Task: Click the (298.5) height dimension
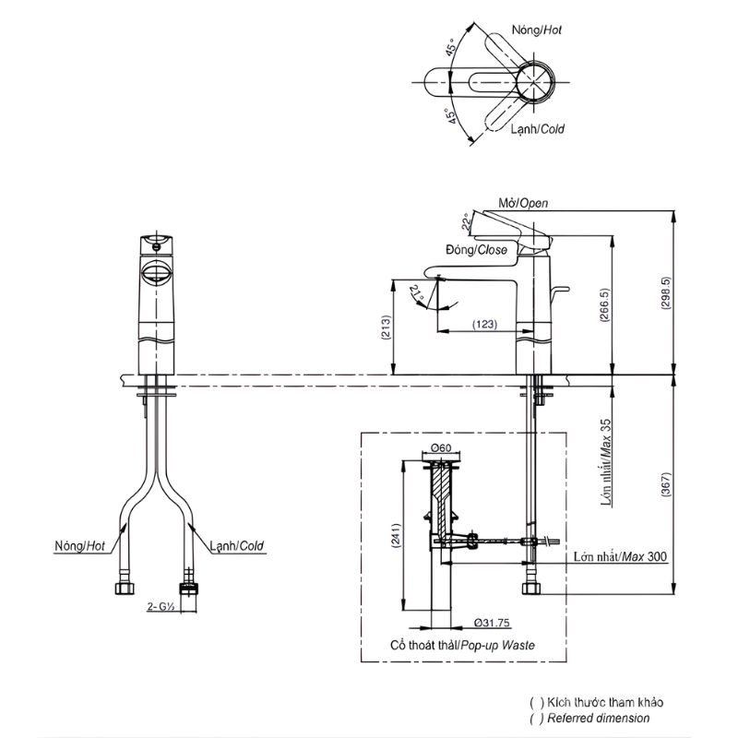pyautogui.click(x=665, y=292)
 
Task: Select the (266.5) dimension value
pyautogui.click(x=604, y=305)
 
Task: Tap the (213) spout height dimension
pyautogui.click(x=386, y=327)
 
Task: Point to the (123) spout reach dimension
pyautogui.click(x=485, y=324)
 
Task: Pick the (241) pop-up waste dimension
pyautogui.click(x=396, y=536)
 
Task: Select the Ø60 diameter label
pyautogui.click(x=441, y=447)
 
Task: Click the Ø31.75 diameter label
pyautogui.click(x=492, y=623)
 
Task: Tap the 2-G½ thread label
pyautogui.click(x=161, y=607)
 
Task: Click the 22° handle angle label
pyautogui.click(x=466, y=221)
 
